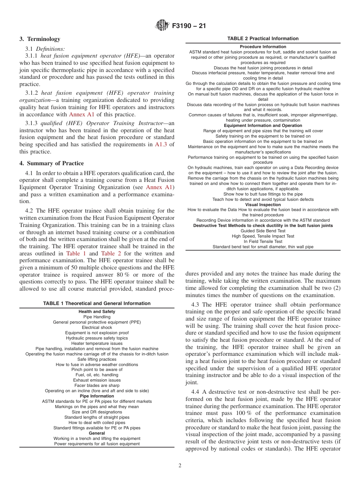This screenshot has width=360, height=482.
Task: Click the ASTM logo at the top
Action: click(162, 26)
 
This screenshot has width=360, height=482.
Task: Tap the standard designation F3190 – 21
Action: click(189, 27)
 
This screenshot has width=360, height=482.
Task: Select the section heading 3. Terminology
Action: click(40, 39)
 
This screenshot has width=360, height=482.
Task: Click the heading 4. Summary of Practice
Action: click(52, 163)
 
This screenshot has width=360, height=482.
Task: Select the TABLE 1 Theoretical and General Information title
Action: click(97, 303)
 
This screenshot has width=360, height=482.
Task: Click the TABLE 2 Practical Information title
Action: click(263, 39)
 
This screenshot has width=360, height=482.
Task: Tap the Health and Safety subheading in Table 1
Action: click(97, 311)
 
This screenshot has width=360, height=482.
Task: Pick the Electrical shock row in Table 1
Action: click(97, 327)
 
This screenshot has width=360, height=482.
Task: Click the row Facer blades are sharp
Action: click(97, 385)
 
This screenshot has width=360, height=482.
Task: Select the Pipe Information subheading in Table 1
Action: click(97, 396)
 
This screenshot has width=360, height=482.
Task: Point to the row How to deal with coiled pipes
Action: click(97, 423)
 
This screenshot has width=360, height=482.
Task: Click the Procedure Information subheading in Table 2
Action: click(263, 47)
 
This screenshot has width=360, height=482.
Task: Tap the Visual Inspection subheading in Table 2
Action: click(263, 205)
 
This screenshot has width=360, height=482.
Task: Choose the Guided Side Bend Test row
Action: click(263, 231)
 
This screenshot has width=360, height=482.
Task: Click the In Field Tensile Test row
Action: click(263, 241)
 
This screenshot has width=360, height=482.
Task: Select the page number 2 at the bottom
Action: click(180, 466)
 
